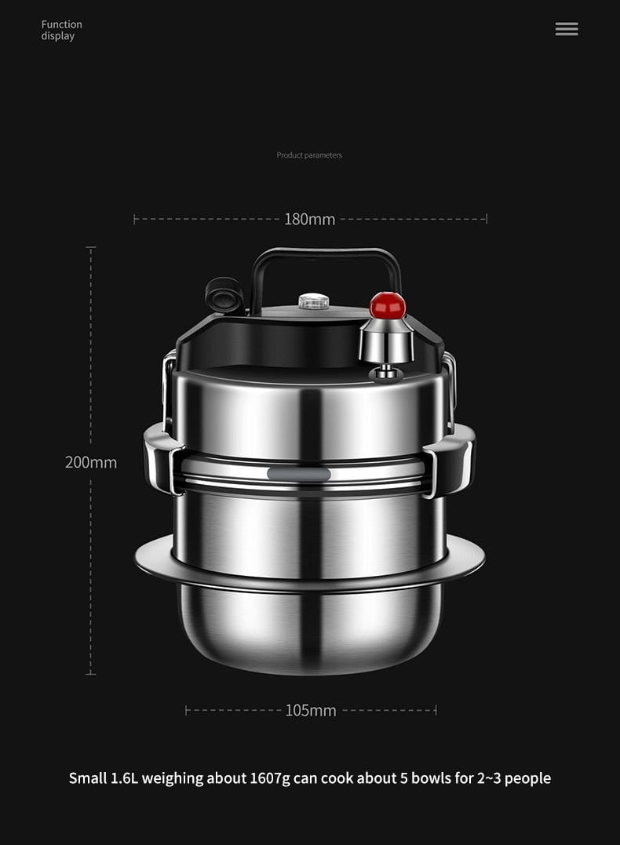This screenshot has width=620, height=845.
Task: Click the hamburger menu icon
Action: (567, 28)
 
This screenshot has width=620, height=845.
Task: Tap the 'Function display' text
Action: (61, 30)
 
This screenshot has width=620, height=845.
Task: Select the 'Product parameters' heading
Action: (309, 155)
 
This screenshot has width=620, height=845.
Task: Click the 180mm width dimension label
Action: (309, 220)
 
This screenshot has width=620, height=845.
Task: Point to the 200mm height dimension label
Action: (90, 462)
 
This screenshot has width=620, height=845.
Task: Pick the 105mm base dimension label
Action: (311, 710)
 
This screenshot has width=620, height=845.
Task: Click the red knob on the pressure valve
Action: (387, 305)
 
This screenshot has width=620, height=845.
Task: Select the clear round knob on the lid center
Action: (314, 301)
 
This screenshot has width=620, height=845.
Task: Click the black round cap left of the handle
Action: (224, 295)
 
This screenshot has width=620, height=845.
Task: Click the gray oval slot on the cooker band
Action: (299, 474)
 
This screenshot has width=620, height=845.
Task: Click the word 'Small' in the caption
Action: (88, 778)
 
